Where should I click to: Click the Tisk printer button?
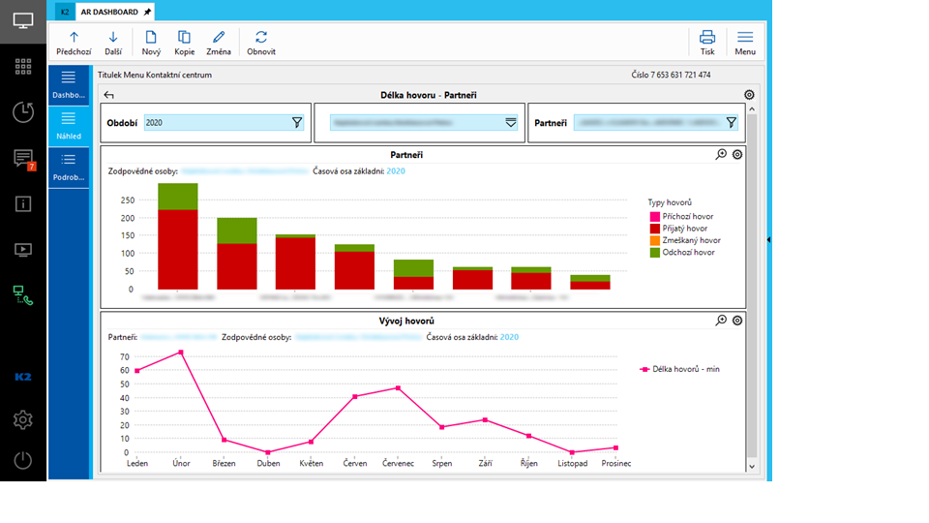[707, 42]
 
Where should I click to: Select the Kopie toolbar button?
[184, 42]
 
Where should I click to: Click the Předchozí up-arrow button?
[74, 42]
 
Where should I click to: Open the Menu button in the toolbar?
[745, 42]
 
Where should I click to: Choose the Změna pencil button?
[219, 42]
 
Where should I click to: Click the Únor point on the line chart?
[180, 353]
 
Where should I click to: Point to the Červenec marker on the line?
[398, 388]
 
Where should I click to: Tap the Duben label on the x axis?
[269, 464]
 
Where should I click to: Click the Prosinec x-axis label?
[615, 464]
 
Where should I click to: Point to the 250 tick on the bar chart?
[127, 200]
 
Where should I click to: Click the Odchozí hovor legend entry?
[685, 252]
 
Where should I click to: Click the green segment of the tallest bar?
[178, 197]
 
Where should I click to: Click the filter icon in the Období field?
[297, 123]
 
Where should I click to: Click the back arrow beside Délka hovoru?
[108, 95]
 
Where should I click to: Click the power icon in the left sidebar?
[23, 461]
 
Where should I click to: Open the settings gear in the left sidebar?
[23, 419]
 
